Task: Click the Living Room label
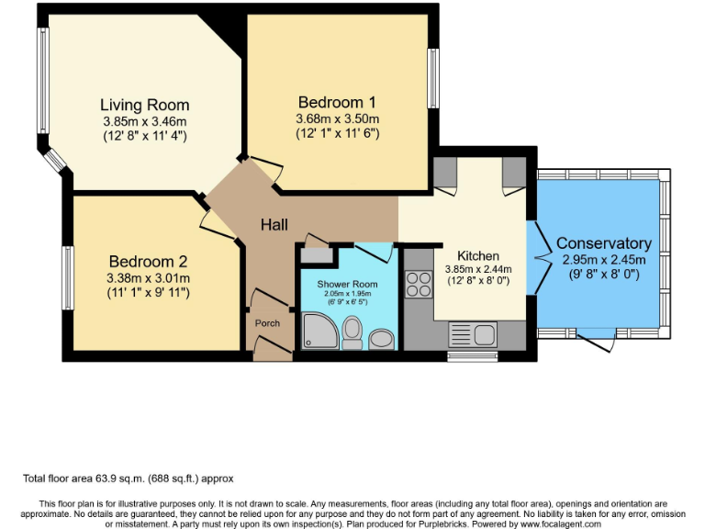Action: tap(144, 105)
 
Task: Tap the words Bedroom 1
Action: tap(337, 102)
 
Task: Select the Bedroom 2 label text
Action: tap(149, 261)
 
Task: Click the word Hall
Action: tap(274, 225)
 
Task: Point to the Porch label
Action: tap(267, 322)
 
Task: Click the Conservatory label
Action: tap(603, 243)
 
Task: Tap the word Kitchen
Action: tap(478, 255)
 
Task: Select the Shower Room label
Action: tap(347, 284)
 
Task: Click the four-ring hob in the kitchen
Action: tap(419, 285)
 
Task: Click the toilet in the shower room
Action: tap(352, 333)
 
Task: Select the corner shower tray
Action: tap(320, 332)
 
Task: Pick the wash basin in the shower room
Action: tap(383, 339)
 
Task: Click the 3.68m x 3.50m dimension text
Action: tap(337, 119)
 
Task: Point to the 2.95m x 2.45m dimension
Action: tap(603, 259)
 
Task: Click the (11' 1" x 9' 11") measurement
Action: tap(149, 293)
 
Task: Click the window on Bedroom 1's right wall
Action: tap(433, 78)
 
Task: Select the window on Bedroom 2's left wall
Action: tap(68, 277)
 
